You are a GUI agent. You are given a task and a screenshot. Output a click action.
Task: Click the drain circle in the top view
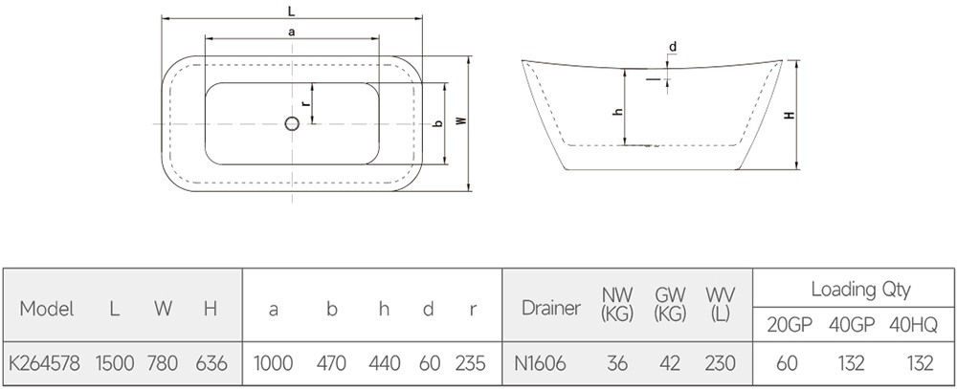tap(292, 124)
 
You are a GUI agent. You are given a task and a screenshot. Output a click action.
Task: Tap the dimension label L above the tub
tap(291, 11)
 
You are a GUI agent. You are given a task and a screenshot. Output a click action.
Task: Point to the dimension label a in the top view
tap(292, 32)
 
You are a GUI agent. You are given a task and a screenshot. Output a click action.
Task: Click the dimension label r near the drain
tap(305, 103)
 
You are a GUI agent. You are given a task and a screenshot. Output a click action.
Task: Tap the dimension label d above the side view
tap(673, 47)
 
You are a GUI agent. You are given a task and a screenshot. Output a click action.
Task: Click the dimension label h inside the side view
tap(617, 112)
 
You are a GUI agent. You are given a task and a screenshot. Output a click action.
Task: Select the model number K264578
tap(44, 364)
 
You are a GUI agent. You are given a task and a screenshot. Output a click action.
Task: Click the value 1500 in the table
tap(115, 364)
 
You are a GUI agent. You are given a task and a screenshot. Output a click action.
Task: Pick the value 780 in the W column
tap(163, 364)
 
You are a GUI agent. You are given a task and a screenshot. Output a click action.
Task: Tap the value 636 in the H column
tap(211, 364)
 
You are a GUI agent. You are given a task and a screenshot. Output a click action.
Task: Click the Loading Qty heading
tap(860, 289)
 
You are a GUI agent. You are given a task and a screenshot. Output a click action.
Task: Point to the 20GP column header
tap(790, 326)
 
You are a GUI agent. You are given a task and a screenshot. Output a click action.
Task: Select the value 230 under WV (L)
tap(720, 364)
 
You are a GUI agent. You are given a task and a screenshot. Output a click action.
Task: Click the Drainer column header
tap(551, 309)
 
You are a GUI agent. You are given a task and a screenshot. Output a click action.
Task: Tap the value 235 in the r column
tap(471, 364)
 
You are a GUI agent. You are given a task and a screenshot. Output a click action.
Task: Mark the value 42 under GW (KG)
tap(670, 364)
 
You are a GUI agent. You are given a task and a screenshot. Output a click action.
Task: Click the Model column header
tap(46, 309)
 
